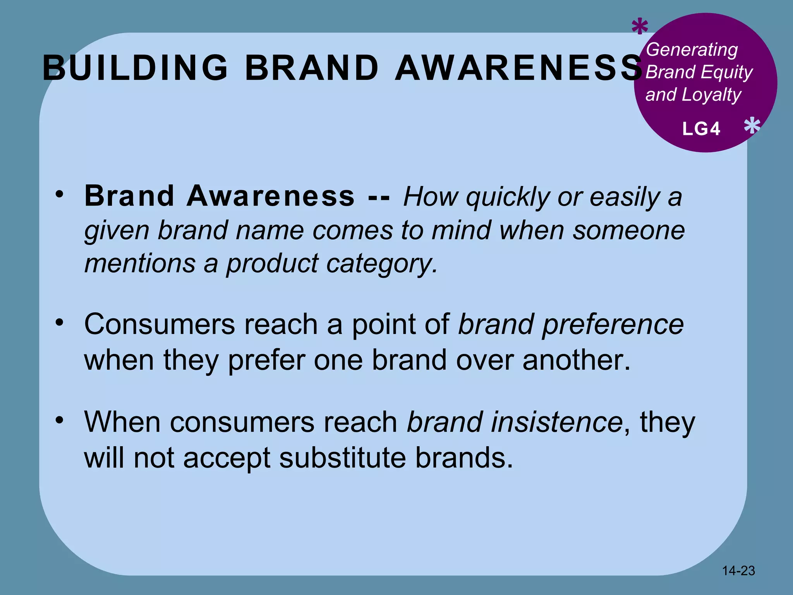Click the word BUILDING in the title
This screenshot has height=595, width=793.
tap(135, 68)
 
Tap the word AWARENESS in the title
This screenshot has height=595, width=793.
tap(518, 68)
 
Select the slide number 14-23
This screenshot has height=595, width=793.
tap(738, 570)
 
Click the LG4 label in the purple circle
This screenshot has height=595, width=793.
tap(701, 129)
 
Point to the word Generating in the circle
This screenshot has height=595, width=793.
tap(692, 50)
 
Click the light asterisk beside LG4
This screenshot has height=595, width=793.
tap(752, 126)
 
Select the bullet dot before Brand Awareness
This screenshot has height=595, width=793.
tap(59, 193)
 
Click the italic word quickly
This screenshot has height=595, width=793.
tap(508, 197)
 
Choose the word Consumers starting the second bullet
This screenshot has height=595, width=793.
tap(160, 324)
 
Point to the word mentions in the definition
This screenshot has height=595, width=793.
tap(140, 264)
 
